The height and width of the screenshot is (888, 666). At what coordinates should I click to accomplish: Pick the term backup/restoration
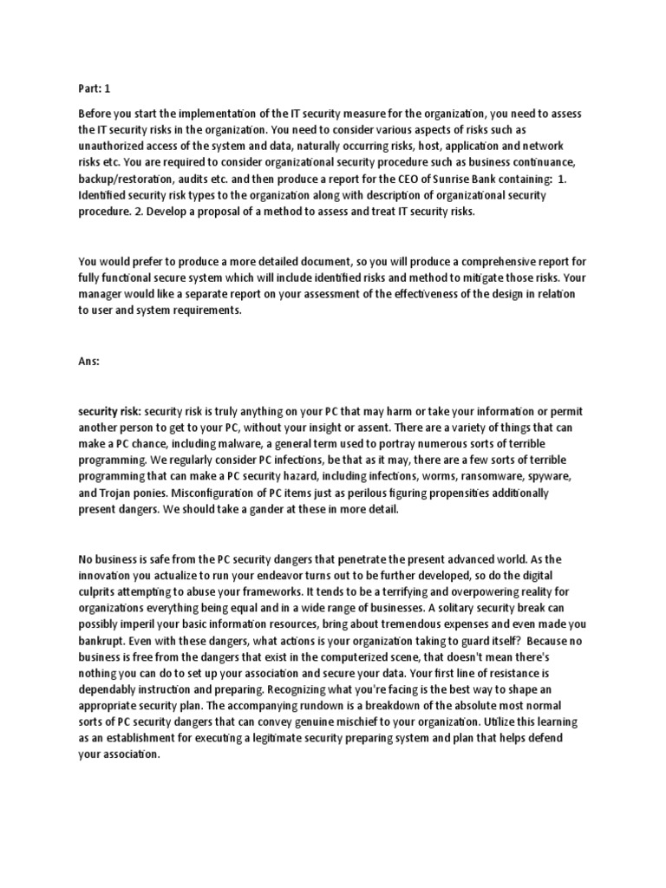pyautogui.click(x=130, y=180)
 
